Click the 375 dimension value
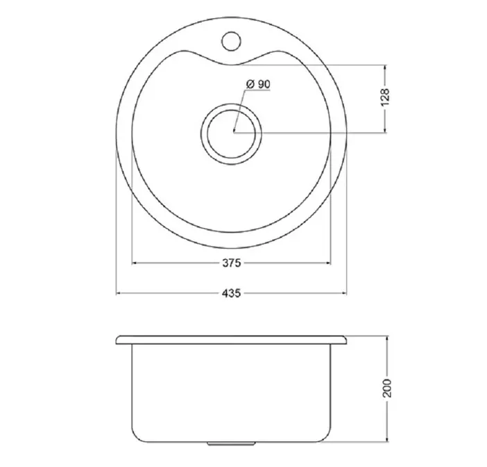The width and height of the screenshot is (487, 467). click(232, 263)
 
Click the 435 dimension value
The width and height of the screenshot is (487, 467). click(232, 293)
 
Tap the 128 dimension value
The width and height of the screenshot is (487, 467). click(385, 97)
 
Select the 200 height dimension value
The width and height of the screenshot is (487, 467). click(387, 388)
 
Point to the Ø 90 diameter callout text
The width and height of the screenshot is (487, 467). click(258, 84)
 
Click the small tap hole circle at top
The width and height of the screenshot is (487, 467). click(232, 41)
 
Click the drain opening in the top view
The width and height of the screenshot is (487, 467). click(232, 134)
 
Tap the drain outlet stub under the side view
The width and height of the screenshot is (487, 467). click(232, 443)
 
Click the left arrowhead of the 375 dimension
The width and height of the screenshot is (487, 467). click(135, 263)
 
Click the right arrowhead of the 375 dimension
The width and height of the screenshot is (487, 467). click(328, 263)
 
